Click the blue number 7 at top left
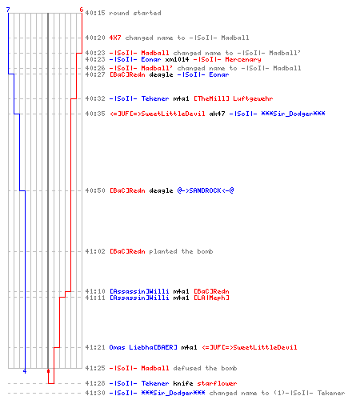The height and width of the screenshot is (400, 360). point(8,10)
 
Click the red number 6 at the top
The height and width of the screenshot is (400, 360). point(82,10)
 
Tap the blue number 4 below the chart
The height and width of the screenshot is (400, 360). point(25,371)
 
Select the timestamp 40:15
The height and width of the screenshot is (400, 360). point(95,13)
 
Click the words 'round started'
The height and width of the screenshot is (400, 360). point(135,13)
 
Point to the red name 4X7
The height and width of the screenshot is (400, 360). point(115,38)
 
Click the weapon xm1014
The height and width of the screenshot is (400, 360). point(177,59)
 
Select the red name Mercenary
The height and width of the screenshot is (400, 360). point(243,59)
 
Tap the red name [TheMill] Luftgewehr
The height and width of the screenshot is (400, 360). point(234,98)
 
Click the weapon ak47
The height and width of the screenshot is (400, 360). point(217,114)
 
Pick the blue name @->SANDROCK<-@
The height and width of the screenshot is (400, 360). point(206,190)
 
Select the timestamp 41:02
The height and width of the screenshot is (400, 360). point(95,251)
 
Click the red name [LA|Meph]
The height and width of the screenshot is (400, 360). point(211,298)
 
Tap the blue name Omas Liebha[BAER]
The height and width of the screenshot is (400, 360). point(143,347)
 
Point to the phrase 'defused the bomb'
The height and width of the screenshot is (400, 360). point(205,368)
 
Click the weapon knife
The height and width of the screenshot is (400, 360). point(183,383)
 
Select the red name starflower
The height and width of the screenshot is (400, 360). point(217,383)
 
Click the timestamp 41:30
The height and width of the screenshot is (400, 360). point(95,393)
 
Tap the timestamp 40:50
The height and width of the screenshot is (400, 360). point(95,190)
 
